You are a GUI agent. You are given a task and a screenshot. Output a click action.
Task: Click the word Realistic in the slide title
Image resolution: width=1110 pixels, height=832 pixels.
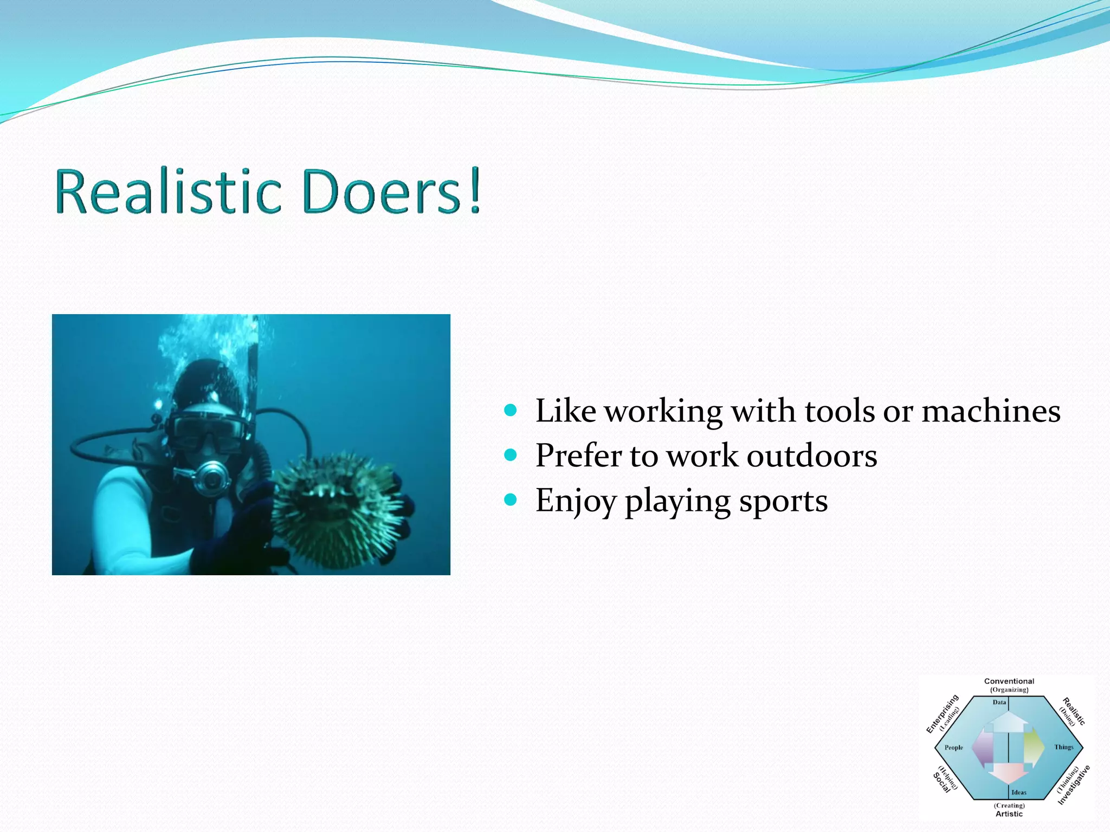click(x=168, y=192)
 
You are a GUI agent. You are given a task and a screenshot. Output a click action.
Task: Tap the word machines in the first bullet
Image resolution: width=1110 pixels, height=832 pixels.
click(x=991, y=411)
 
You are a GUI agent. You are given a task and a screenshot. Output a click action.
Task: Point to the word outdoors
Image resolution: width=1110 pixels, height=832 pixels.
click(x=811, y=456)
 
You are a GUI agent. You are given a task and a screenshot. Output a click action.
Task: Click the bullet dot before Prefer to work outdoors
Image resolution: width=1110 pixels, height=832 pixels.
click(x=511, y=454)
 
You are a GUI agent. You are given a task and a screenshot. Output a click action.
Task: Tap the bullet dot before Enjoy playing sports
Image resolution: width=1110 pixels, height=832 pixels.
click(x=511, y=499)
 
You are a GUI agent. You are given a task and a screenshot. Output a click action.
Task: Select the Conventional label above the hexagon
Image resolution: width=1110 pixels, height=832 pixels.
click(x=1009, y=681)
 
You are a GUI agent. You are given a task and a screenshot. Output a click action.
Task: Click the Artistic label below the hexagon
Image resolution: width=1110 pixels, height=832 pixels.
click(x=1009, y=814)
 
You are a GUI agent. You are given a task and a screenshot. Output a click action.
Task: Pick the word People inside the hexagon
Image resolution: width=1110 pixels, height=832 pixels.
click(x=954, y=747)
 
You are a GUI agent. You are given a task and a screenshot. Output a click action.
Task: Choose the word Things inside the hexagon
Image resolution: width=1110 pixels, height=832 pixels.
click(x=1063, y=747)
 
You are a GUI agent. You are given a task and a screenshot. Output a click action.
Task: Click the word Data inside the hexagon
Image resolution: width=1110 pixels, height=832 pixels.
click(x=999, y=703)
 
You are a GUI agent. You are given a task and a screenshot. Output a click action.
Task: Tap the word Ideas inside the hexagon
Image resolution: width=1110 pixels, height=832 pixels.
click(x=1018, y=792)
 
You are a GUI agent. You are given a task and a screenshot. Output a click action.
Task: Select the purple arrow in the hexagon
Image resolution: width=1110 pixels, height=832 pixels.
click(x=983, y=747)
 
